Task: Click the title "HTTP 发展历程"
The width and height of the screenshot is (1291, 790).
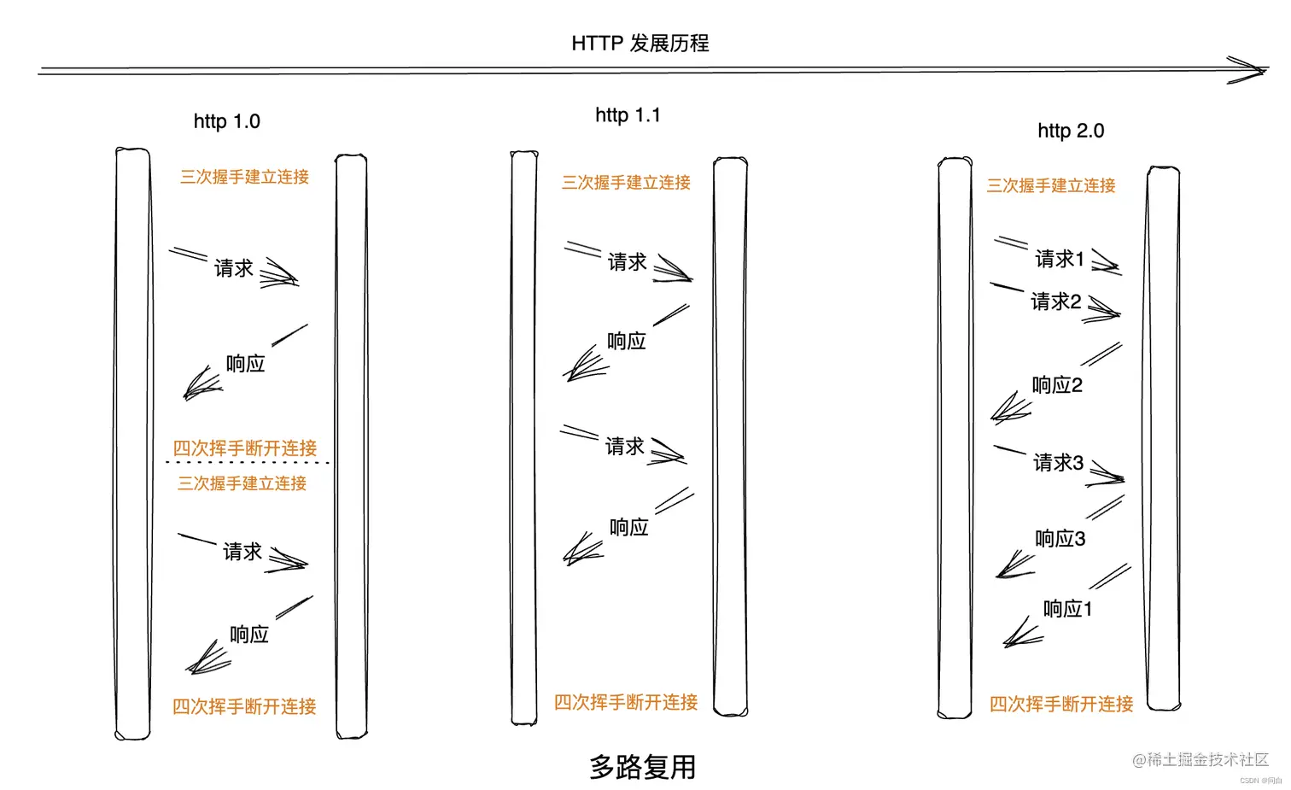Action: [640, 44]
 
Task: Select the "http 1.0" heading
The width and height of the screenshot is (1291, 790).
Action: [226, 121]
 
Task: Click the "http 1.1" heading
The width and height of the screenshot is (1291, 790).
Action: [628, 114]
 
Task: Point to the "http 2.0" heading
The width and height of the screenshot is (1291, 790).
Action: [1071, 131]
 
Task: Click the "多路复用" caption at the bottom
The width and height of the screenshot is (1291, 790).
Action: [642, 766]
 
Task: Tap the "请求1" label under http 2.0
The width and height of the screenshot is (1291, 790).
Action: [1059, 259]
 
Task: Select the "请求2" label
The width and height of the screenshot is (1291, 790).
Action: [1055, 301]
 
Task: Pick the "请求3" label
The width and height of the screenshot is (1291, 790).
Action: [1058, 462]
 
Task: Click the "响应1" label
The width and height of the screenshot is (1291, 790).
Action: [1067, 609]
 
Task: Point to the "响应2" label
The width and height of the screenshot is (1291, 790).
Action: [1057, 385]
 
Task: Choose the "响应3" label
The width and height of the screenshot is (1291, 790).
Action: [1060, 539]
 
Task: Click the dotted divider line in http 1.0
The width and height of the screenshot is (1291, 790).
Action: [247, 463]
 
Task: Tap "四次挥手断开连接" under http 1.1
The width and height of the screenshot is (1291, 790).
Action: [626, 702]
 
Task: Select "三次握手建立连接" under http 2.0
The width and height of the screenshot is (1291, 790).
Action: [1051, 185]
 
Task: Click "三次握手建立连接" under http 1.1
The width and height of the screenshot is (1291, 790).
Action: [626, 182]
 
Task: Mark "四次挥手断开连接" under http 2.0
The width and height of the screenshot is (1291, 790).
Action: [1061, 704]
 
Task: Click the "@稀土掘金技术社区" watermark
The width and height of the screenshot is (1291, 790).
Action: [1200, 759]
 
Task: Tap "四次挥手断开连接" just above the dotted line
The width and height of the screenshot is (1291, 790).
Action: [244, 448]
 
